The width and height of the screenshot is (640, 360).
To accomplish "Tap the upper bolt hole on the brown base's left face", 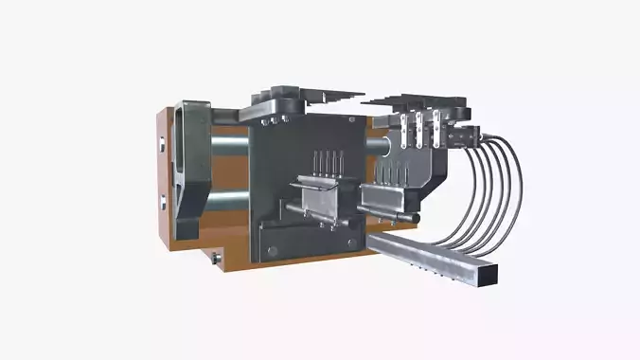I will (163, 145).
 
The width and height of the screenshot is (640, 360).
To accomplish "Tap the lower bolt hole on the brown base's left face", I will (163, 200).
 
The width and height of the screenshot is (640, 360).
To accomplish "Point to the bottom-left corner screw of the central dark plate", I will (272, 250).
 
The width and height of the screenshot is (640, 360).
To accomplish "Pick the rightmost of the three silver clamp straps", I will (436, 126).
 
